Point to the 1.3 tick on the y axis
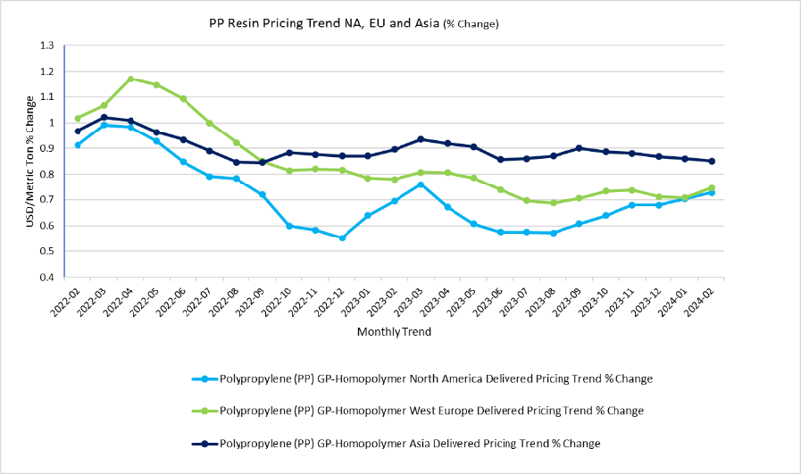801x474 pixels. click(x=47, y=45)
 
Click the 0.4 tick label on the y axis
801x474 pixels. click(x=47, y=277)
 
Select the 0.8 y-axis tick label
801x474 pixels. click(x=47, y=175)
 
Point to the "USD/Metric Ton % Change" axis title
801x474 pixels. click(x=32, y=160)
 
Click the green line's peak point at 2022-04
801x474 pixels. click(x=131, y=79)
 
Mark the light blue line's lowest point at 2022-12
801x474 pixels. click(x=342, y=237)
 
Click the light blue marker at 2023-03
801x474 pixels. click(x=420, y=184)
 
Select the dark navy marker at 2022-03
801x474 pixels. click(x=104, y=117)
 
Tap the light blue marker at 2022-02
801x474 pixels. click(x=78, y=145)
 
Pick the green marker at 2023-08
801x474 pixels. click(x=554, y=203)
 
